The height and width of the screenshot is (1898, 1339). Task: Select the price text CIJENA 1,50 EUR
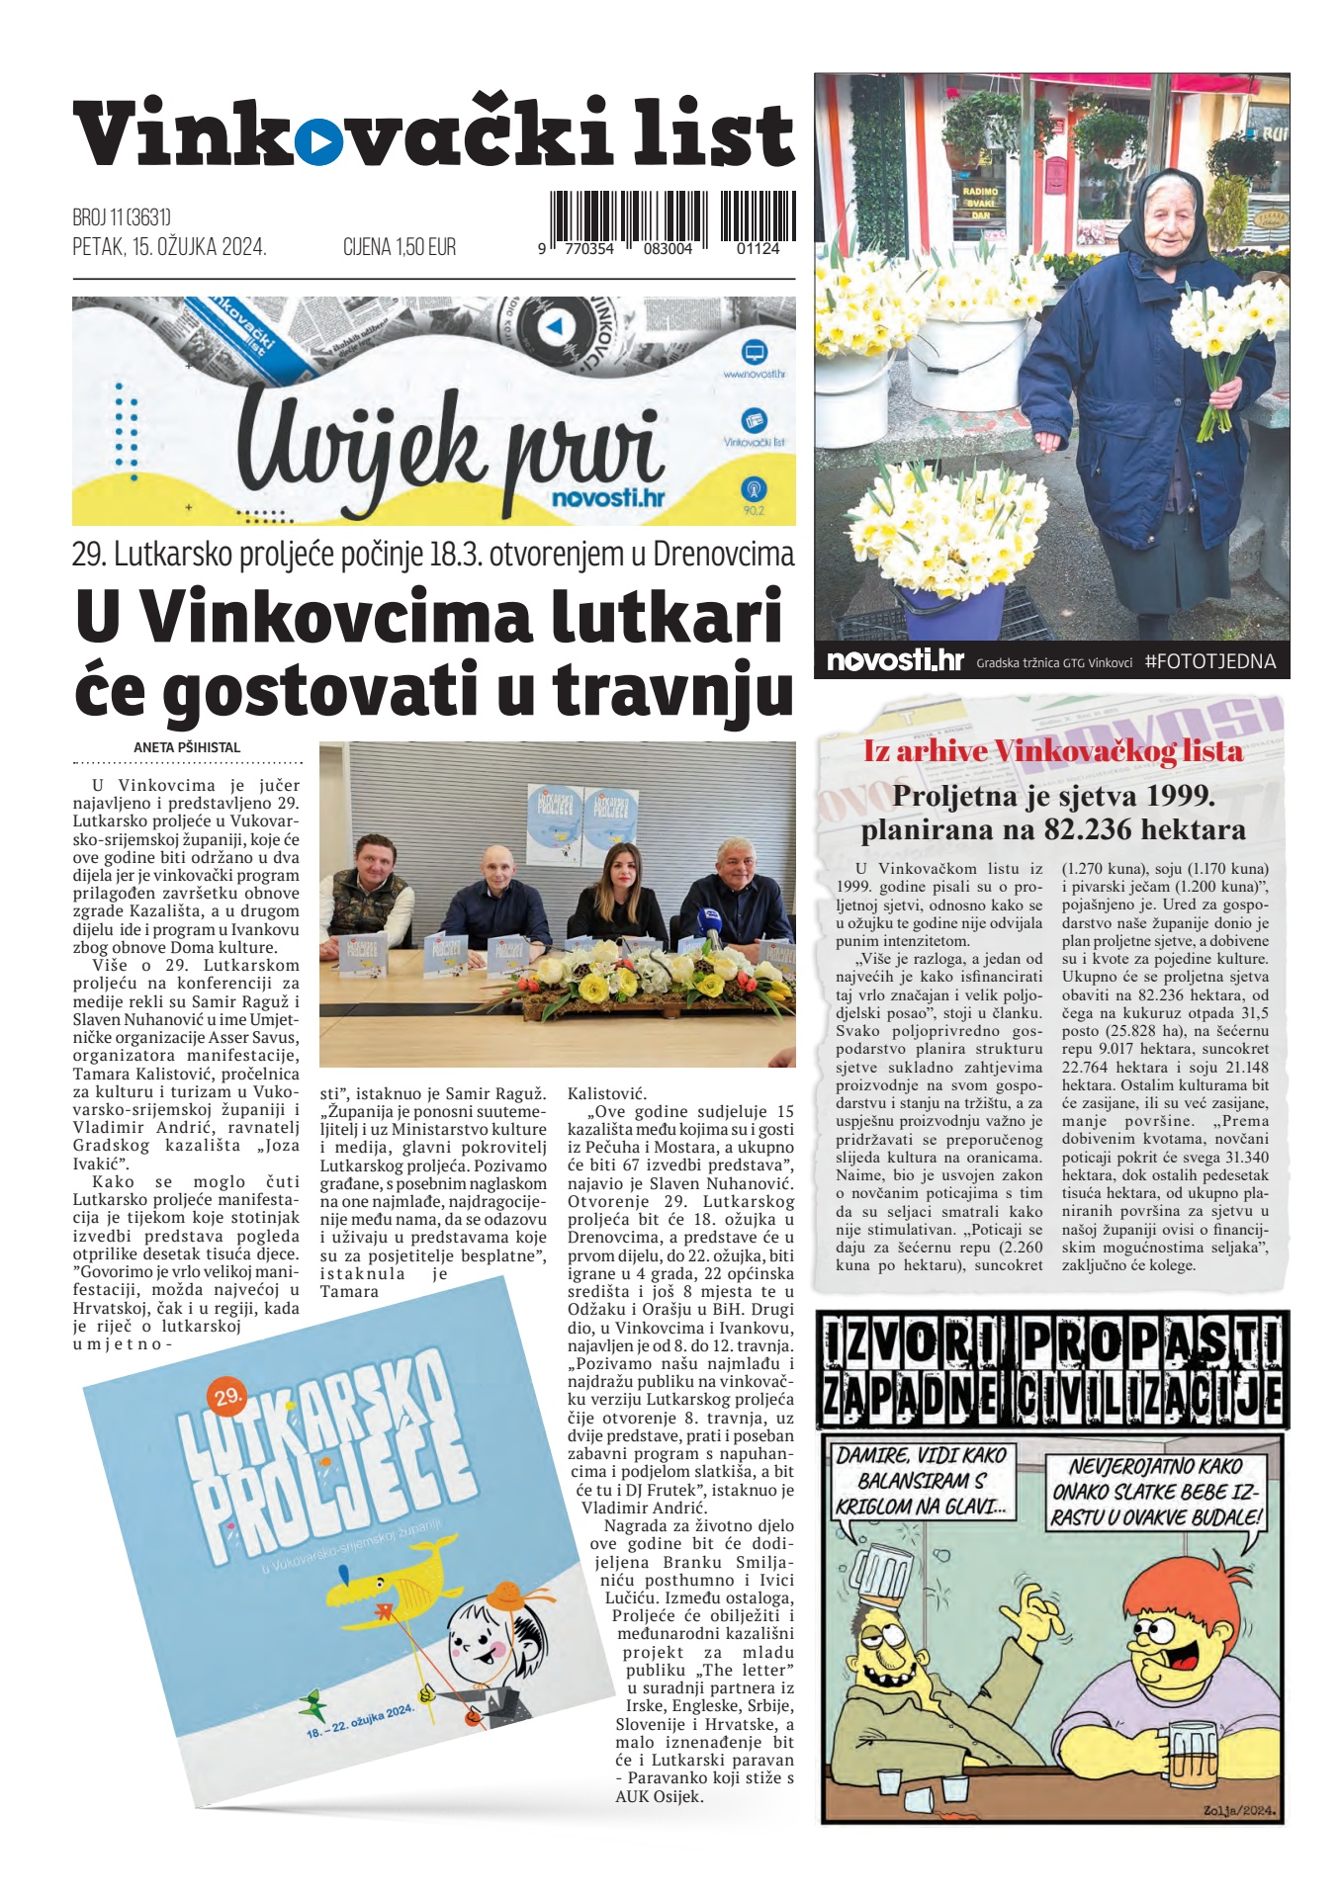pos(400,247)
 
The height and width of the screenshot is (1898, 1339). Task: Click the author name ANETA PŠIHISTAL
pos(187,747)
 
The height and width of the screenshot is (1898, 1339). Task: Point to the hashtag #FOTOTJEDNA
pos(1209,661)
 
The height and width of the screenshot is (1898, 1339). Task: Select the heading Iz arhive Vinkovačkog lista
pos(1052,751)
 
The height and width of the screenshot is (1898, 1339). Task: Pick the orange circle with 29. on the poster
pos(226,1395)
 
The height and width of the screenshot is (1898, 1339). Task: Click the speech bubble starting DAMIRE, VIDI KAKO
pos(920,1481)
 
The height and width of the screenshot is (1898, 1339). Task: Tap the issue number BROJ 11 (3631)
pos(122,217)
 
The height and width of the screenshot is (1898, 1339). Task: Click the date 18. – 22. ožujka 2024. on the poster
pos(360,1720)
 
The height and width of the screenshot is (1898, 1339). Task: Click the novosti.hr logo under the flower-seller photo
pos(895,660)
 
